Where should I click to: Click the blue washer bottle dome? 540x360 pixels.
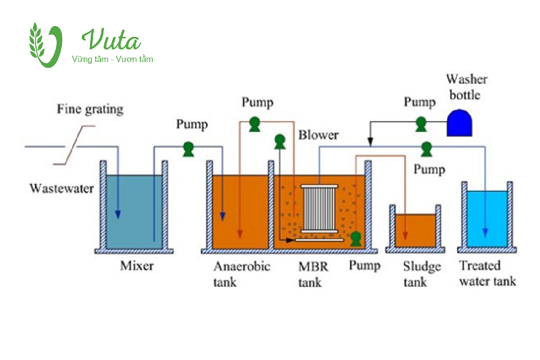[x=460, y=123]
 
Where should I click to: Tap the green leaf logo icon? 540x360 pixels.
[x=45, y=45]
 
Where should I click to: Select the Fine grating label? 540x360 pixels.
[x=90, y=109]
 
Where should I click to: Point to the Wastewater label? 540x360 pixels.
[x=62, y=188]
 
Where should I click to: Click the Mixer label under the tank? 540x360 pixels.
[x=137, y=266]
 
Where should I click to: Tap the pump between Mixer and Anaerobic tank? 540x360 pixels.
[x=187, y=148]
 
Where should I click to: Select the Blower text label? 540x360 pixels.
[x=318, y=135]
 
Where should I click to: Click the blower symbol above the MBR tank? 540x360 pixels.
[x=280, y=142]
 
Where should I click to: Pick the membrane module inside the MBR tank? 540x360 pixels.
[x=319, y=209]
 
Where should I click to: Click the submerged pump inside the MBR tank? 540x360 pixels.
[x=356, y=238]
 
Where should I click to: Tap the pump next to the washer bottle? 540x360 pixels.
[x=421, y=123]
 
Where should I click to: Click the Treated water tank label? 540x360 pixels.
[x=487, y=274]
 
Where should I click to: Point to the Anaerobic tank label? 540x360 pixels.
[x=241, y=274]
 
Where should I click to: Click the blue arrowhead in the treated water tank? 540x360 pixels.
[x=485, y=232]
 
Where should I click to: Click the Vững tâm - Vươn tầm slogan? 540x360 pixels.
[x=112, y=59]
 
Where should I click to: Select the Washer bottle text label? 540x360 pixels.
[x=466, y=87]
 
